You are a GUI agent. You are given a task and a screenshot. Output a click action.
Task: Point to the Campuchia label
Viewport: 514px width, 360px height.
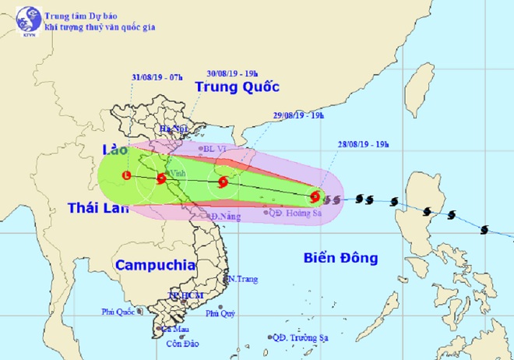pos(155,265)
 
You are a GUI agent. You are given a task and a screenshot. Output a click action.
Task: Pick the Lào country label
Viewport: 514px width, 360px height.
pos(115,148)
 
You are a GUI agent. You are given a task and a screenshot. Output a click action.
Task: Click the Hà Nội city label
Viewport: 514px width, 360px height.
pos(171,129)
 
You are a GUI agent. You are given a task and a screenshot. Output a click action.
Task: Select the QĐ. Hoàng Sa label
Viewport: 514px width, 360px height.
pos(296,211)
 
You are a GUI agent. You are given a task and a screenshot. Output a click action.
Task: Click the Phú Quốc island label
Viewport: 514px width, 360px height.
pos(118,312)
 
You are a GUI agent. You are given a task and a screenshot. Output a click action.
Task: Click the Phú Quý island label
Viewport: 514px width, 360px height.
pos(220,314)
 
